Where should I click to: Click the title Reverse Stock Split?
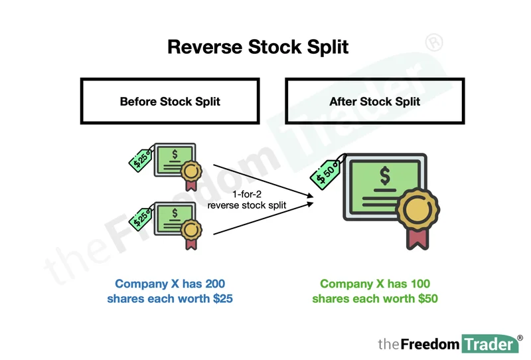point(258,47)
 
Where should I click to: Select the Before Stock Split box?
point(170,102)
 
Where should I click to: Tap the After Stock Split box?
point(374,102)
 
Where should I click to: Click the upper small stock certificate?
point(175,161)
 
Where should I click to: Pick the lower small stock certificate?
point(175,220)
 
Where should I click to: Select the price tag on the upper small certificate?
point(141,157)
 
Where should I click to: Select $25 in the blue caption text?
point(219,299)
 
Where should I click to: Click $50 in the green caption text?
point(424,299)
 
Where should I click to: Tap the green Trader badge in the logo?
point(487,343)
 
